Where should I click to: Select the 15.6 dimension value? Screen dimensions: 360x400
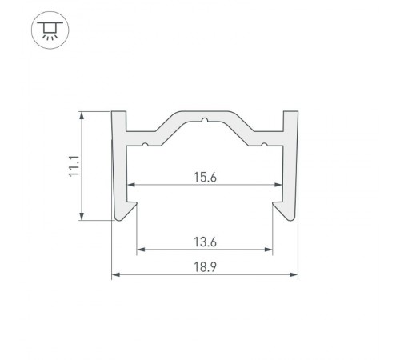click(x=205, y=177)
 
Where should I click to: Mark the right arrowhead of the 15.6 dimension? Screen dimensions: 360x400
click(x=279, y=186)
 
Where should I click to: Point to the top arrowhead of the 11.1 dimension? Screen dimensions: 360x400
click(x=83, y=116)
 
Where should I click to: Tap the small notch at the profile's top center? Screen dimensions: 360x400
click(x=205, y=123)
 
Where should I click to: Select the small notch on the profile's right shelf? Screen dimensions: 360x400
click(x=264, y=145)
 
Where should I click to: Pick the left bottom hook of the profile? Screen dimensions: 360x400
click(x=128, y=212)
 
